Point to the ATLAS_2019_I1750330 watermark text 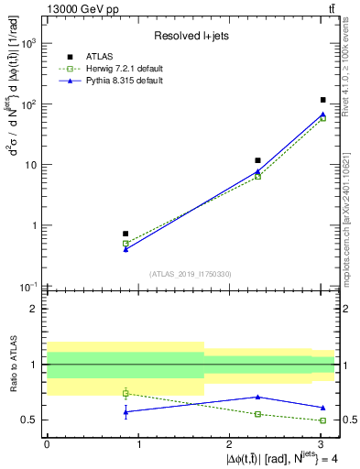pyautogui.click(x=191, y=274)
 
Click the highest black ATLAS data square pyautogui.click(x=323, y=100)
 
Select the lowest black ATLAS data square pyautogui.click(x=125, y=234)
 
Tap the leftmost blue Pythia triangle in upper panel pyautogui.click(x=125, y=249)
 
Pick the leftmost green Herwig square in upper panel pyautogui.click(x=125, y=244)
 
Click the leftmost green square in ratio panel pyautogui.click(x=125, y=393)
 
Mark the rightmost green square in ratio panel pyautogui.click(x=323, y=420)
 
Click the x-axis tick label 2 pyautogui.click(x=230, y=444)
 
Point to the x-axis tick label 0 pyautogui.click(x=47, y=444)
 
